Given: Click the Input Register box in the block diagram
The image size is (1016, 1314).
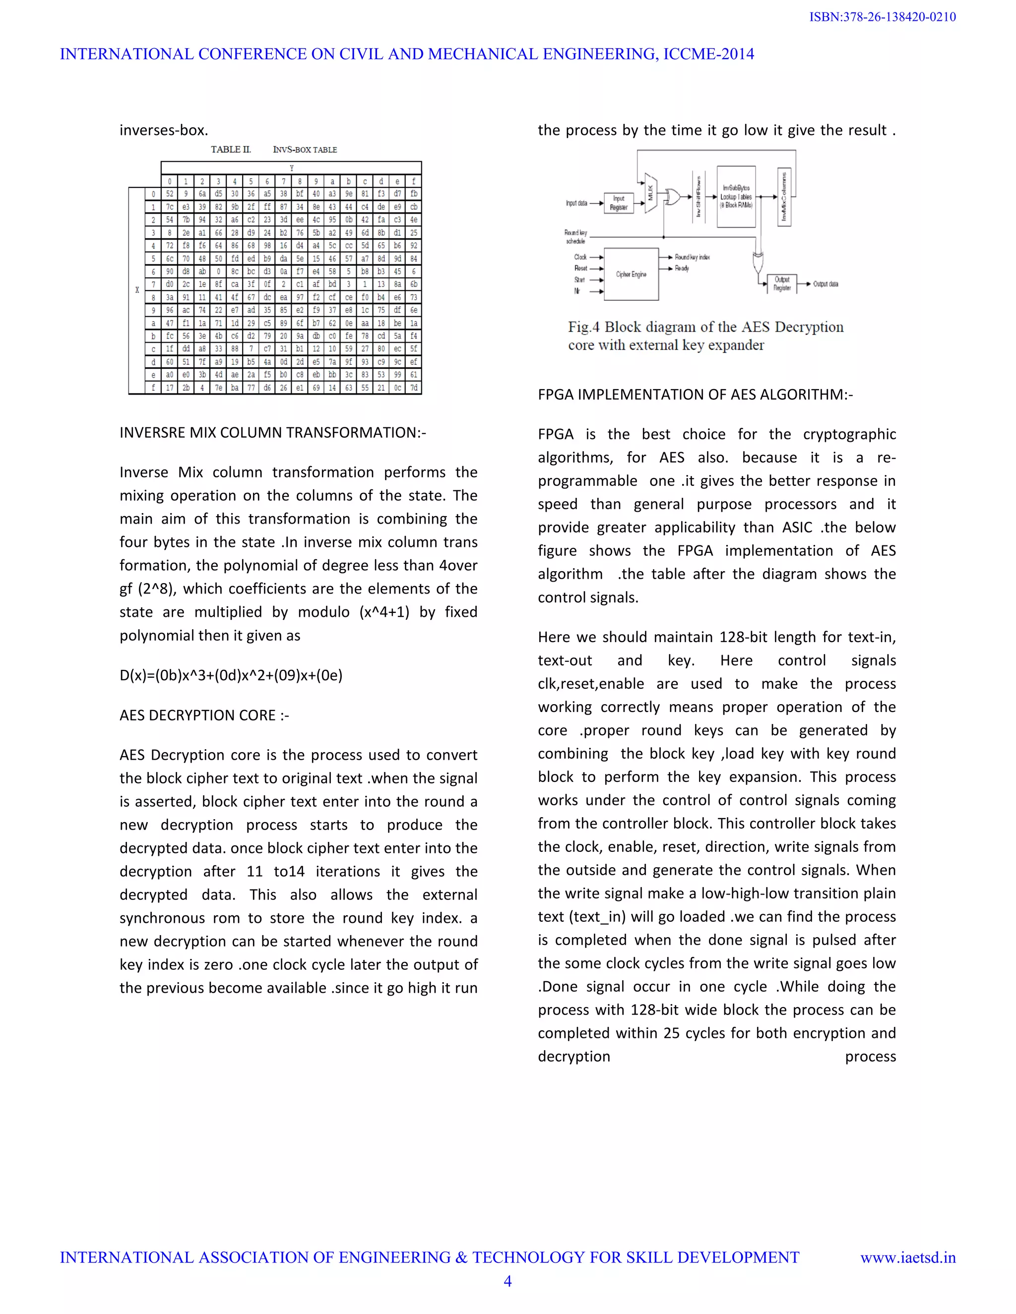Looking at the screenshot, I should (618, 203).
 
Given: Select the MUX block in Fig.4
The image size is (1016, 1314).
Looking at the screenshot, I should (650, 192).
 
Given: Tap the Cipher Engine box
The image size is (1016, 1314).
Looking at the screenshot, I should (631, 274).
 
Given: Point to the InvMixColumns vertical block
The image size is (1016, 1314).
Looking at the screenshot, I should (784, 197).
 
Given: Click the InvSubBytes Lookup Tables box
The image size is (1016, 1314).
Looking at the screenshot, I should (736, 197).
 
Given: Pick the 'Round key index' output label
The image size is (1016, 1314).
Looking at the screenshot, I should (692, 257).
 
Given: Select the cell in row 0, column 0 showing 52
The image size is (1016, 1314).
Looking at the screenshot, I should (170, 194).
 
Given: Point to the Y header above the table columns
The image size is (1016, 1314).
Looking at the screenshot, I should (291, 168).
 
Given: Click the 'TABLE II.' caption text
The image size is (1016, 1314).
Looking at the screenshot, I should (231, 149).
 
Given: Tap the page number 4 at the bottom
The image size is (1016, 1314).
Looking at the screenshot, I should (508, 1281).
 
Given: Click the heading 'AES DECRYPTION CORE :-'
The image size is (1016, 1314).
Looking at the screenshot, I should (204, 716).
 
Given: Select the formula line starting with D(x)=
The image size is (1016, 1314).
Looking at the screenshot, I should (231, 675).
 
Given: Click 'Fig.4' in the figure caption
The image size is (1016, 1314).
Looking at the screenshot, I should (583, 327).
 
